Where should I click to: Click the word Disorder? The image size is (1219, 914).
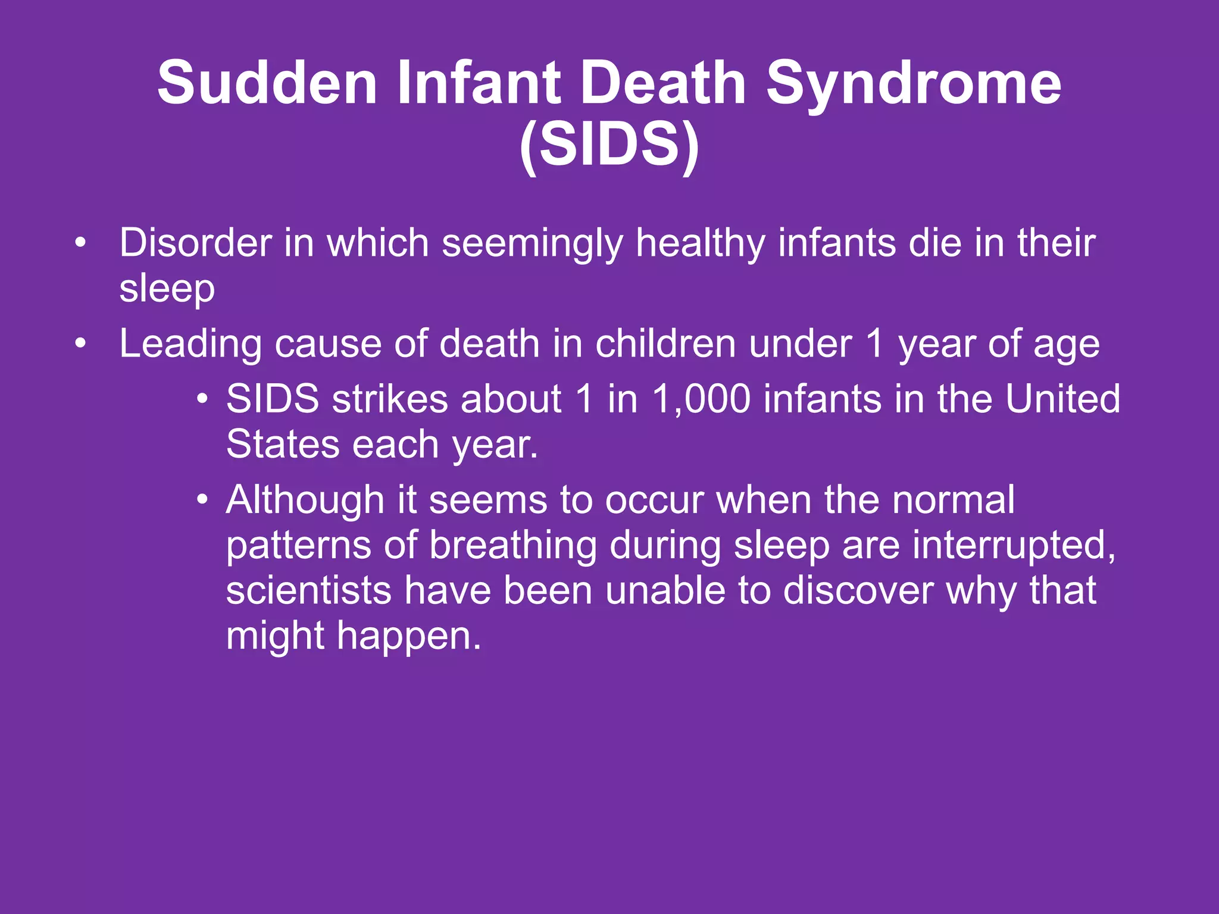(195, 243)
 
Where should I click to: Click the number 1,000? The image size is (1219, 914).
(701, 399)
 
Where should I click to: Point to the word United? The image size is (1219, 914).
(1062, 399)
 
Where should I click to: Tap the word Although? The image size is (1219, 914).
(305, 500)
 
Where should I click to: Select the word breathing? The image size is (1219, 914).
(513, 545)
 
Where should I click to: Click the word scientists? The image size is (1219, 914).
(308, 591)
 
